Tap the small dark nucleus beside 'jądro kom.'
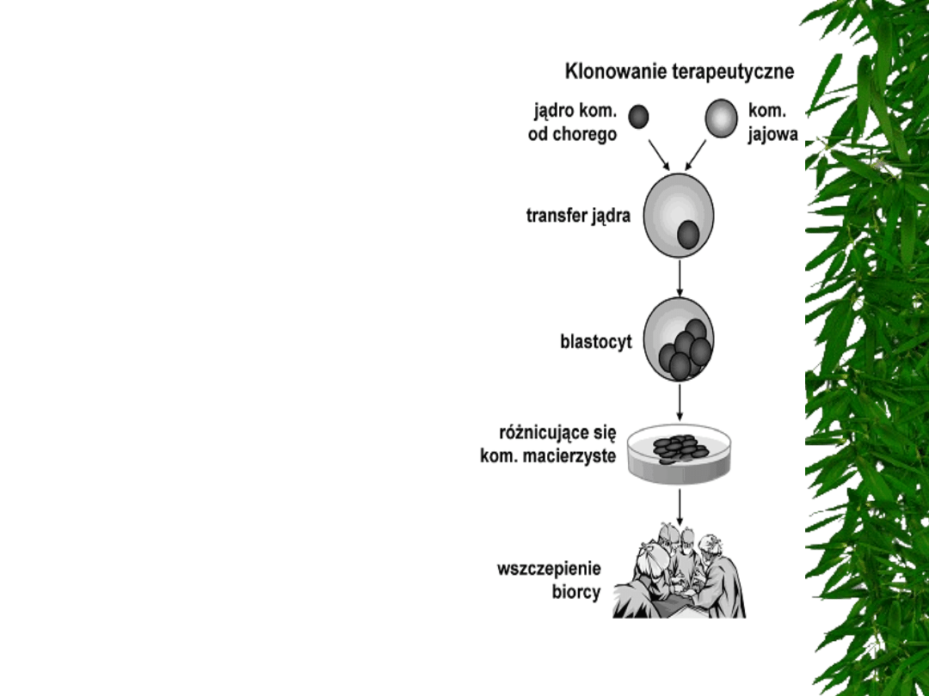[638, 116]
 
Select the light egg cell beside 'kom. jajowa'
[721, 118]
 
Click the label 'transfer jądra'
[578, 216]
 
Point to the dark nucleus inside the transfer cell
[688, 235]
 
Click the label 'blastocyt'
[596, 341]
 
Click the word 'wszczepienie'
[549, 570]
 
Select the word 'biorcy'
[575, 593]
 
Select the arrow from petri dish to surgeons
[680, 506]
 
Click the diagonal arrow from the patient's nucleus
[660, 155]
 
